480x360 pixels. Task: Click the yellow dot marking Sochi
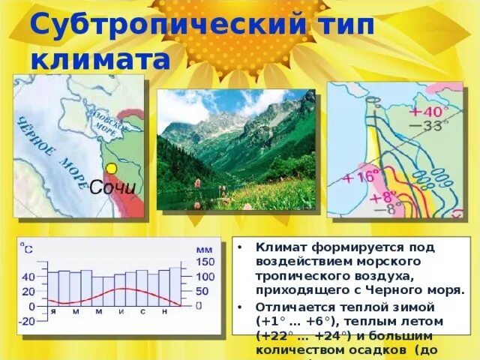click(111, 169)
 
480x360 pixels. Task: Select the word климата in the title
click(100, 59)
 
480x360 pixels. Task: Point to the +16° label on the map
click(361, 177)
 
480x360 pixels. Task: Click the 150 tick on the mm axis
click(205, 262)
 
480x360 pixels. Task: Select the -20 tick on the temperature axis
click(27, 321)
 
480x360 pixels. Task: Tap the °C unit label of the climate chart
click(26, 246)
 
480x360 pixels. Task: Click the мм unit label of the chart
click(204, 248)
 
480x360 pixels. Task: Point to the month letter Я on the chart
click(53, 310)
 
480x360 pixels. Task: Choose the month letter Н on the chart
click(163, 310)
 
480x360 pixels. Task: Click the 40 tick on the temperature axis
click(28, 277)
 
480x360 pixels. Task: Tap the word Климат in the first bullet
click(279, 247)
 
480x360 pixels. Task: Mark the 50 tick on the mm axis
click(202, 291)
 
